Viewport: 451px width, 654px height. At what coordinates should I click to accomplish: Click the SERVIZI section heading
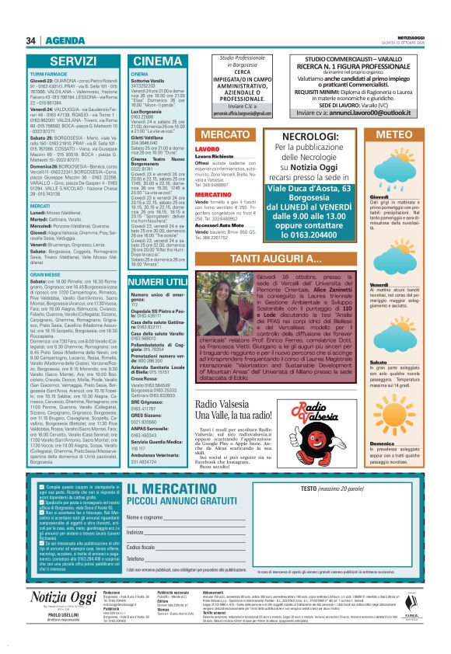coord(73,61)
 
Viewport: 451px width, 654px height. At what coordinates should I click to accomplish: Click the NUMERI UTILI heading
coord(157,280)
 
